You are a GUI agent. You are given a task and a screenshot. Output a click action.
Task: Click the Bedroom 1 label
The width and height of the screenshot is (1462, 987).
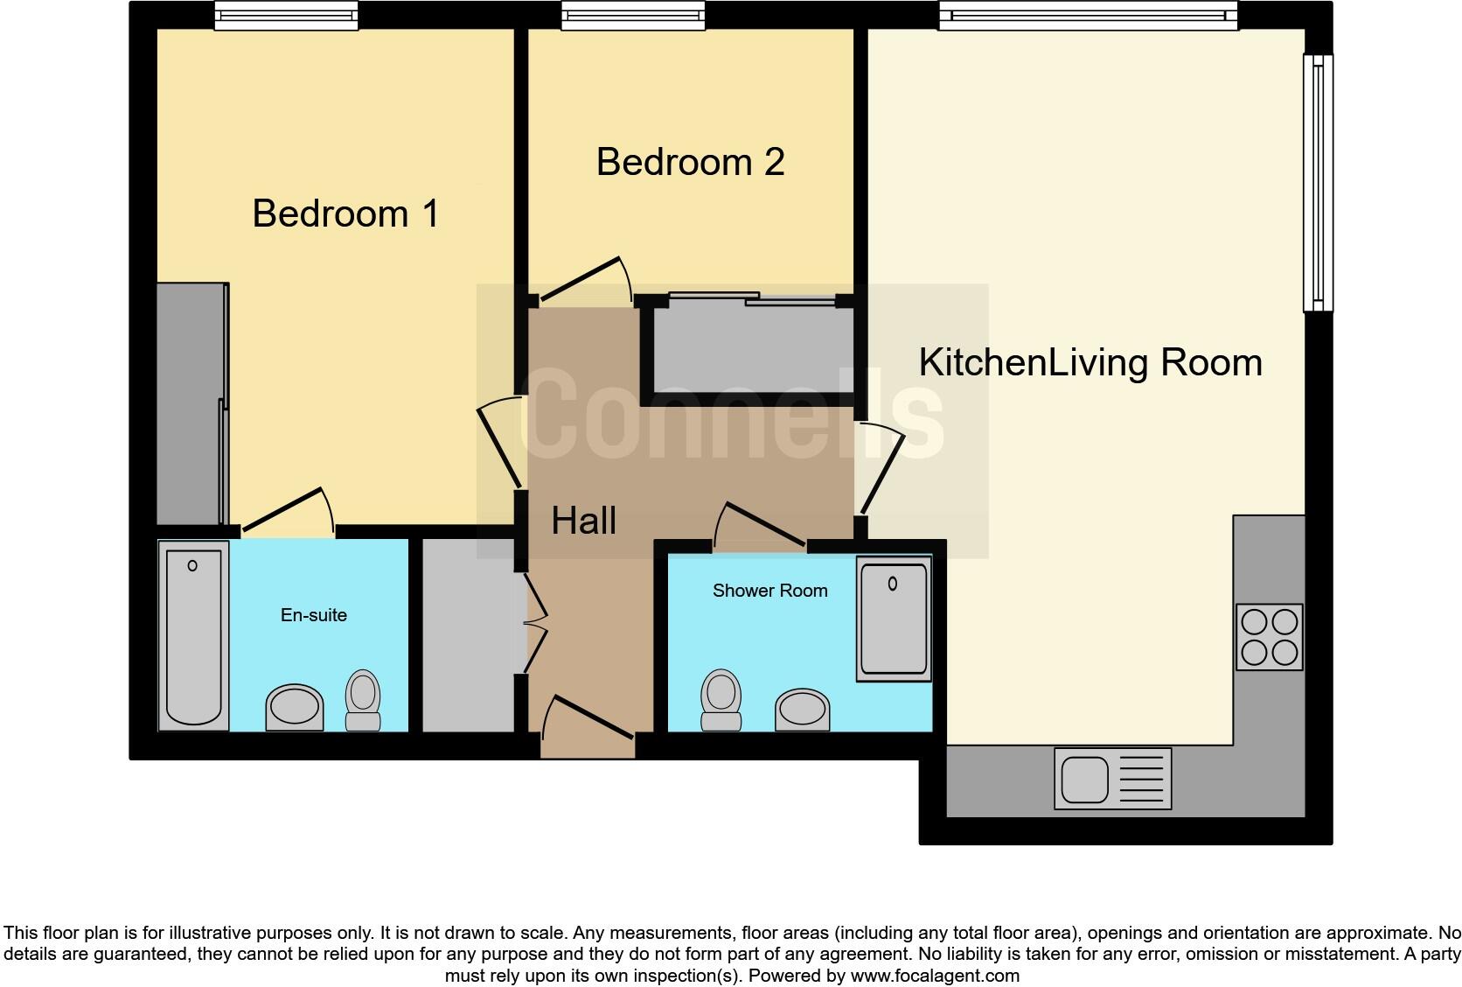click(x=345, y=214)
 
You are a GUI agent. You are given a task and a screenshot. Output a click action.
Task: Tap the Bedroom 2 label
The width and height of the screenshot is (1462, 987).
click(x=690, y=163)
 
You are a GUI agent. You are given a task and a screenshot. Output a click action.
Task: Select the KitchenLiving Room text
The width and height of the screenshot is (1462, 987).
click(x=1090, y=363)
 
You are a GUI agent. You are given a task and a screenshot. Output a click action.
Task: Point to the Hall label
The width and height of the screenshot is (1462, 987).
click(x=583, y=521)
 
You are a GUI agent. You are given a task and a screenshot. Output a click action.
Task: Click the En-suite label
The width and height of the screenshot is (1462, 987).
click(x=313, y=615)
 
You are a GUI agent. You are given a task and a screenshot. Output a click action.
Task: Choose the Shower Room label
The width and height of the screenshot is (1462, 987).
click(x=769, y=591)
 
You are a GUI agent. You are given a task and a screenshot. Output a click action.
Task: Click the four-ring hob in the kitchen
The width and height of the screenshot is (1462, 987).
click(x=1270, y=637)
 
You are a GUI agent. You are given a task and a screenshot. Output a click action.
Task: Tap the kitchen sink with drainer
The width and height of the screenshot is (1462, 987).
click(x=1112, y=778)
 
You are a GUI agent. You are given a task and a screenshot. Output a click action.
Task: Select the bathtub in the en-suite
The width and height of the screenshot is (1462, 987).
click(x=193, y=635)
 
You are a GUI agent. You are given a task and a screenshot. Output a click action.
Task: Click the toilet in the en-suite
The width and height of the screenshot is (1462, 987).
click(x=363, y=699)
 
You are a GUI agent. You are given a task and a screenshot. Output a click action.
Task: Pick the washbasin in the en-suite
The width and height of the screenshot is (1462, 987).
click(x=295, y=707)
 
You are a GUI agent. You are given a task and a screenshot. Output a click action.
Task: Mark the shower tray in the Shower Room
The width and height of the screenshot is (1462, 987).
click(x=893, y=619)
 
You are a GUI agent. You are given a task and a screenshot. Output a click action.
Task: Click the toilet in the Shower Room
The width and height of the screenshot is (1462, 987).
click(x=721, y=699)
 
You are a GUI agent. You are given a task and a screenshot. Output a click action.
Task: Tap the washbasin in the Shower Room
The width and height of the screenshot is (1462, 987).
click(x=802, y=710)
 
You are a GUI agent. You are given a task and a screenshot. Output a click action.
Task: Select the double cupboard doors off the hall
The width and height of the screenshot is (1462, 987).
click(x=528, y=623)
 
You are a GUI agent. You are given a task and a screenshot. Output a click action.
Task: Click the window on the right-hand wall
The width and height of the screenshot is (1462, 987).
click(x=1318, y=183)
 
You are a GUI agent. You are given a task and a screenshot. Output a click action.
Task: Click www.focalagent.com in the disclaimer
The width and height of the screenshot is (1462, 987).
click(x=934, y=976)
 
